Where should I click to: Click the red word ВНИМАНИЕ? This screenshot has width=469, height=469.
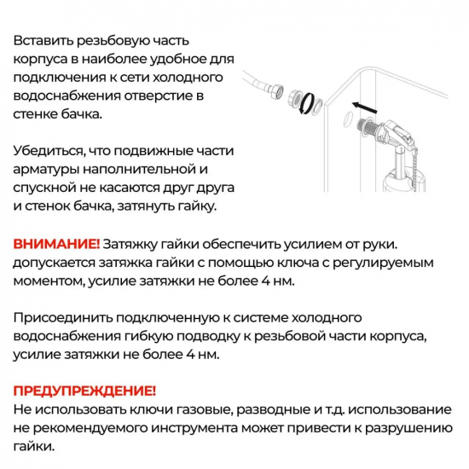(56, 245)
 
